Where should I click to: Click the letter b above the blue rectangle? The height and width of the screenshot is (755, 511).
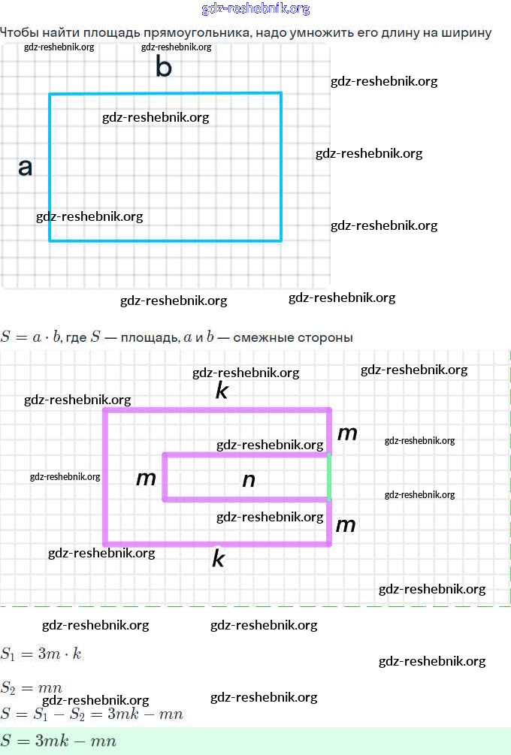[163, 68]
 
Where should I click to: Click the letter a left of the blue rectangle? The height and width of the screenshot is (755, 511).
[26, 168]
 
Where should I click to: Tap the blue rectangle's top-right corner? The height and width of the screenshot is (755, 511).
[281, 94]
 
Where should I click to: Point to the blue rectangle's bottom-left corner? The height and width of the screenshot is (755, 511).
[50, 240]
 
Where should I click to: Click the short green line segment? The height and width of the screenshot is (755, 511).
[329, 477]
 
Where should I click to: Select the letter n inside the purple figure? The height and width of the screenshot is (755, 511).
[249, 480]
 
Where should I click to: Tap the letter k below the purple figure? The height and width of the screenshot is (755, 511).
[219, 559]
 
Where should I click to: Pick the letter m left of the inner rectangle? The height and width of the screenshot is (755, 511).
[146, 479]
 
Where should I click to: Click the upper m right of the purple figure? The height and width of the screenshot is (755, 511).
[347, 433]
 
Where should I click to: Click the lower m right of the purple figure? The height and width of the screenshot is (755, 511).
[345, 525]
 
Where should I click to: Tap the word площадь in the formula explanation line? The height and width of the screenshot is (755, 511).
[150, 337]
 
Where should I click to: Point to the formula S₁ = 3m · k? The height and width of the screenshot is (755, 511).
[41, 654]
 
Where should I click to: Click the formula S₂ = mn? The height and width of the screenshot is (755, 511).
[31, 687]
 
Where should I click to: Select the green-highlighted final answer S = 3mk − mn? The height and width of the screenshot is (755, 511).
[59, 741]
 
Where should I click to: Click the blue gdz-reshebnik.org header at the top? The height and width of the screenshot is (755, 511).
[255, 9]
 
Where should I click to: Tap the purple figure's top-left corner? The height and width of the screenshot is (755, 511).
[105, 410]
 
